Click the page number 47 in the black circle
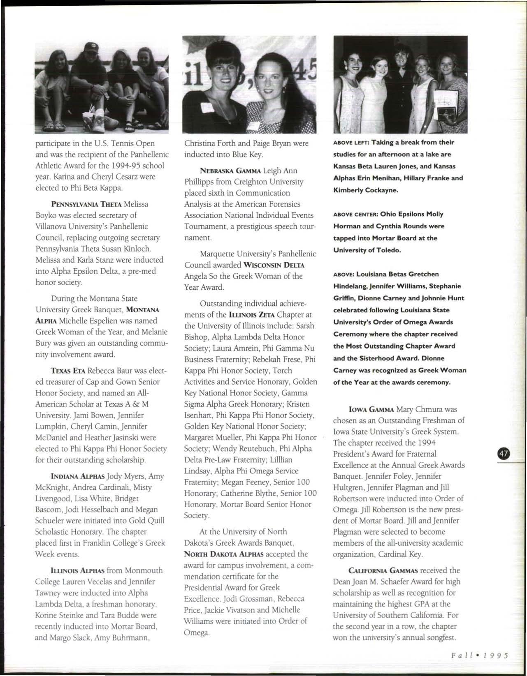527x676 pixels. tap(504, 454)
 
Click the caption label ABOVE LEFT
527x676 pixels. tap(350, 143)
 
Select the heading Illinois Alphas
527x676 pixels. tap(78, 571)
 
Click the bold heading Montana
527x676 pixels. tap(143, 310)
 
